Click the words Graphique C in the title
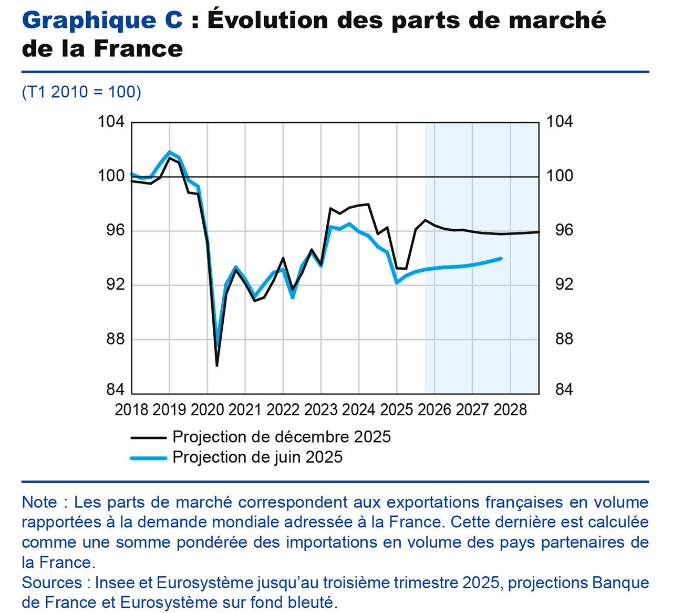click(x=102, y=21)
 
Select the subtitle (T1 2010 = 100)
click(x=81, y=91)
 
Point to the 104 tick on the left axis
click(x=111, y=122)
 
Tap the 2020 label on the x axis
click(x=207, y=410)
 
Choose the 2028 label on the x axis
click(x=510, y=410)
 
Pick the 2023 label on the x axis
click(x=321, y=410)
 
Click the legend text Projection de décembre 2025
click(x=281, y=437)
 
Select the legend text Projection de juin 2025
click(x=257, y=457)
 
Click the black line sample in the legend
click(x=149, y=437)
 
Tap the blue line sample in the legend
click(x=149, y=457)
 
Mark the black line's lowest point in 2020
click(x=217, y=365)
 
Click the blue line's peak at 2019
click(x=169, y=152)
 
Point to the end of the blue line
click(x=501, y=259)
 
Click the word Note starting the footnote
click(x=39, y=502)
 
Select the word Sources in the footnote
click(x=51, y=583)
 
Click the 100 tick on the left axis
click(x=111, y=176)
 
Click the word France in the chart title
click(x=139, y=49)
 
